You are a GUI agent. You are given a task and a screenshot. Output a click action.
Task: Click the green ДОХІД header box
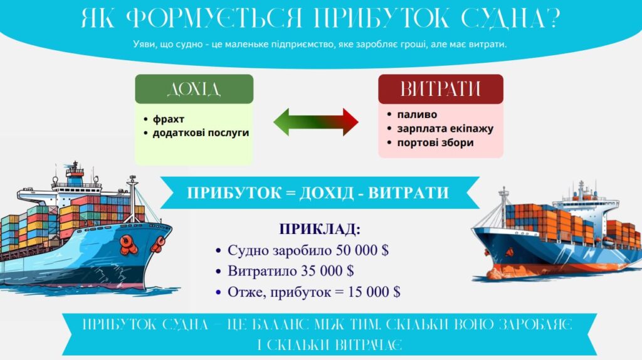(x=194, y=89)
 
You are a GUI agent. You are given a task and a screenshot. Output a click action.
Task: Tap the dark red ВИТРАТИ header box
(x=441, y=89)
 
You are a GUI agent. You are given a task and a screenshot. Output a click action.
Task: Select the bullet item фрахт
(x=168, y=119)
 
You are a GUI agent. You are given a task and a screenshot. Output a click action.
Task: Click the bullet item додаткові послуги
(x=201, y=133)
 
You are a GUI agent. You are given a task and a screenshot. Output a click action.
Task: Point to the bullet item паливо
(x=417, y=114)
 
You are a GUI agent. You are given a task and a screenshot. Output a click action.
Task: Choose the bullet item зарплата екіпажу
(x=445, y=129)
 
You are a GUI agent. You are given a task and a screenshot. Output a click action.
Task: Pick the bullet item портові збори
(x=435, y=142)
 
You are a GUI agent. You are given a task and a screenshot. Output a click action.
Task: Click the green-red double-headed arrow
(x=316, y=122)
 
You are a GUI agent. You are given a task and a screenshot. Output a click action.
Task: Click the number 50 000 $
(x=362, y=250)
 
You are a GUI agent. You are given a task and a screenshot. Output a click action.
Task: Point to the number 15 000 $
(x=374, y=292)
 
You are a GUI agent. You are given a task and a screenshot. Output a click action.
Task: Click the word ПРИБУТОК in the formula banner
(x=234, y=193)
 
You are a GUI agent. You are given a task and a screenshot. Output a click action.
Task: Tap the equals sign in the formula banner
(x=291, y=193)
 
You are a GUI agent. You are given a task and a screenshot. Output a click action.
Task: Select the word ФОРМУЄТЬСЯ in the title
(x=214, y=18)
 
